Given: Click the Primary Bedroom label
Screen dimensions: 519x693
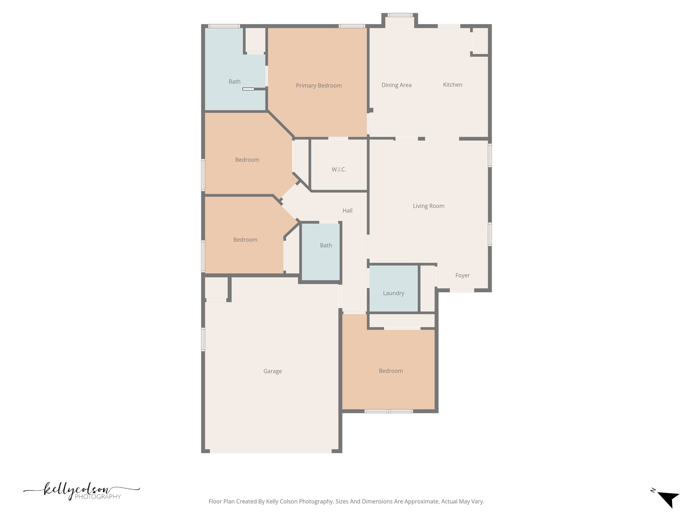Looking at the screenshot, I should coord(318,85).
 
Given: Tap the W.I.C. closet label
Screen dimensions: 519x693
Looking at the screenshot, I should coord(339,169).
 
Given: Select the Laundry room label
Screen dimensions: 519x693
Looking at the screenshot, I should coord(393,293).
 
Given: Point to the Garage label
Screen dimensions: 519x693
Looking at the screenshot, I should coord(272,371).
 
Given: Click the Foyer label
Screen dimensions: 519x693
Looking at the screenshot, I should coord(462,275).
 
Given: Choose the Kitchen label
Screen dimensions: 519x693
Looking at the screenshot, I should coord(452,84).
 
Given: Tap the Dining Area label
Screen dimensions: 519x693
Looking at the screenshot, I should coord(396,85).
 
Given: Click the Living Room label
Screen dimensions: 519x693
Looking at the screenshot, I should coord(428,206).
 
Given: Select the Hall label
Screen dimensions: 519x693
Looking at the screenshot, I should coord(347,211).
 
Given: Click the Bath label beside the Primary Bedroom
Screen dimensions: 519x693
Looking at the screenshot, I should coord(234,81).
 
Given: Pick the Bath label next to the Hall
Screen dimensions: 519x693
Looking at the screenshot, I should coord(326,245).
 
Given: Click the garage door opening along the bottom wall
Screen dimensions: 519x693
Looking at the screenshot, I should coord(271,451).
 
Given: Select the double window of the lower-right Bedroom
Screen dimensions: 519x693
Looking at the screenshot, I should coord(388,411).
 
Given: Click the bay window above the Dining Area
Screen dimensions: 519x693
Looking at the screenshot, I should coord(400,15).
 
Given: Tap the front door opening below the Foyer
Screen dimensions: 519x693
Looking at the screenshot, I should coord(462,290).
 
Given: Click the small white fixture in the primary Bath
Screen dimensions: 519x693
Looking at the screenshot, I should coord(248,89).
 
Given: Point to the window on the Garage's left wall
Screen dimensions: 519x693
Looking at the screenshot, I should coord(203,339).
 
